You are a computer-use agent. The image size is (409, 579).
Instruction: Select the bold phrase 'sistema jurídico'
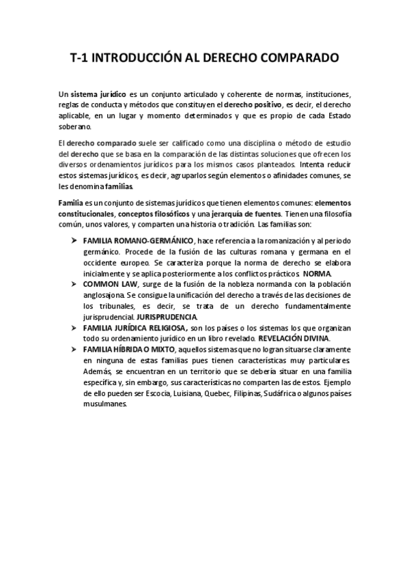[96, 94]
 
